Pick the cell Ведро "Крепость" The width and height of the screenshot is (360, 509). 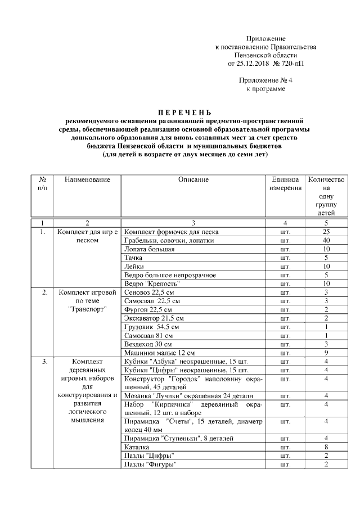click(x=147, y=283)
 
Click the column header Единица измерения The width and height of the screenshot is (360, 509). click(x=285, y=183)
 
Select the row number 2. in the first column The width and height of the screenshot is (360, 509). click(x=44, y=292)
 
